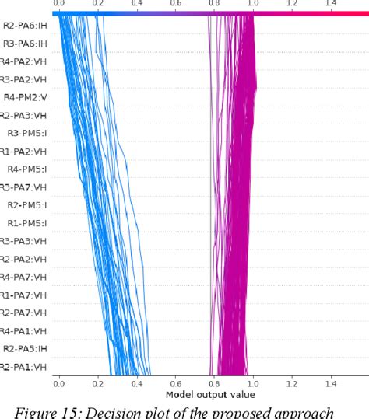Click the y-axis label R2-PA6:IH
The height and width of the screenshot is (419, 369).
[x=25, y=27]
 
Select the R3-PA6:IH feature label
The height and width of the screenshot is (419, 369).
[x=25, y=45]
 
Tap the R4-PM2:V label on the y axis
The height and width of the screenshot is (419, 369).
[x=26, y=97]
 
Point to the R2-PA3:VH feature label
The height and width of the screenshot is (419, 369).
[x=24, y=115]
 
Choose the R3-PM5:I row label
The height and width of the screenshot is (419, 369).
[x=27, y=133]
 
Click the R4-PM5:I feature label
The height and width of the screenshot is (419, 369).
[x=27, y=169]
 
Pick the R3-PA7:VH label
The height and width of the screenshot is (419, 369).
[x=24, y=187]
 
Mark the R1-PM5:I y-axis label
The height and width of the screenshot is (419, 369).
[x=27, y=223]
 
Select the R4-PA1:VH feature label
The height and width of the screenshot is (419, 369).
[x=24, y=330]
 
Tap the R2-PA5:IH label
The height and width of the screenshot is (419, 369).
[x=25, y=348]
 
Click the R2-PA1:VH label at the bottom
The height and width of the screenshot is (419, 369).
[x=24, y=366]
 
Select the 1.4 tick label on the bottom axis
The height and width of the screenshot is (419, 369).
[x=330, y=383]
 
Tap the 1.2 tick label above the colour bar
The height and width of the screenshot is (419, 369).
[x=291, y=5]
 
